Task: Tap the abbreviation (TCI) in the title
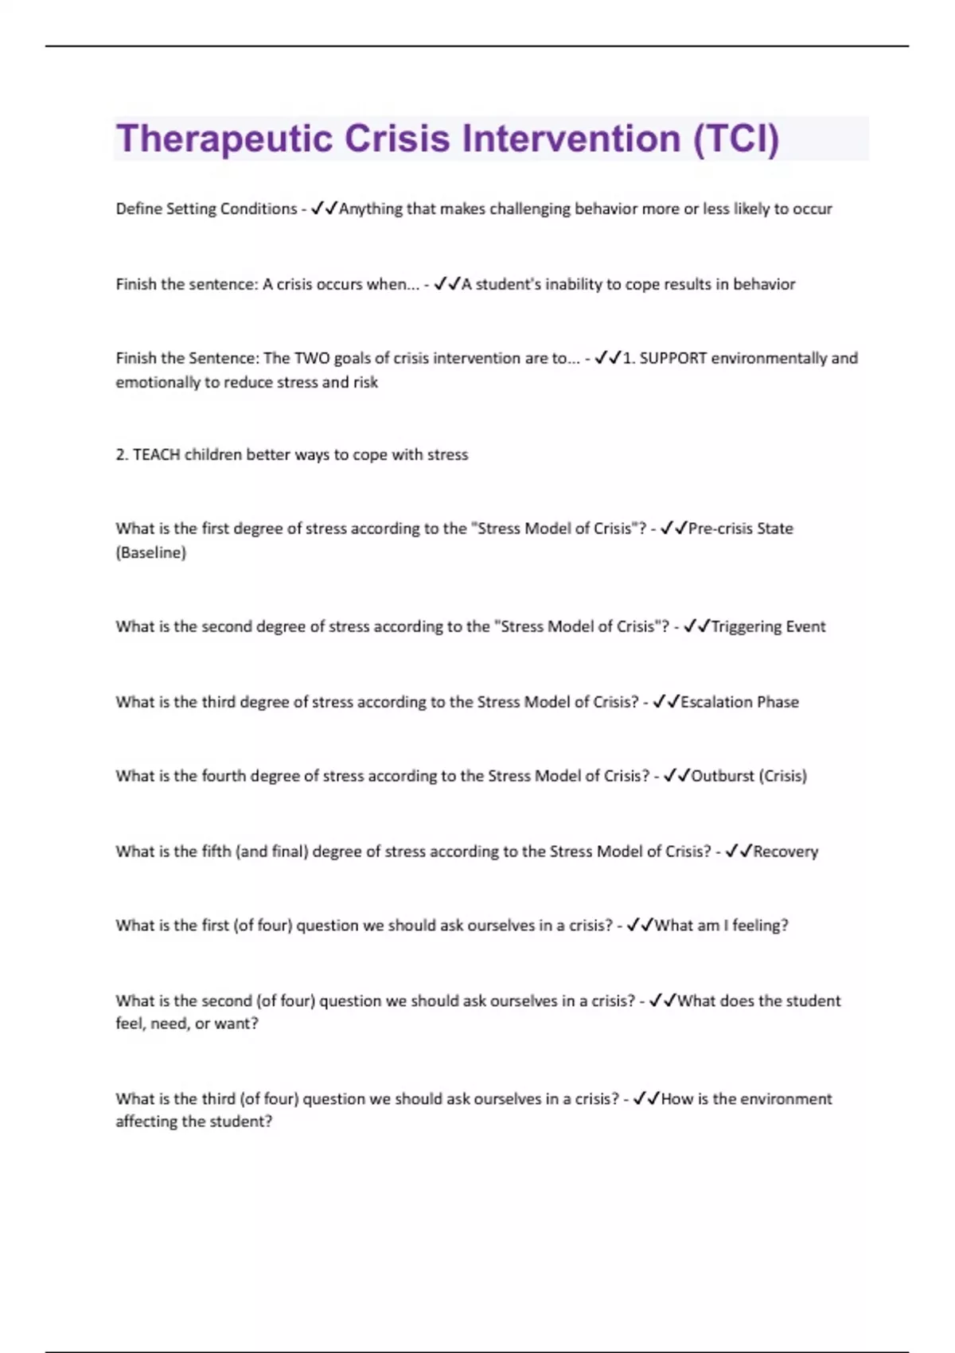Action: pos(735,139)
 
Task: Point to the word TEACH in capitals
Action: pos(156,454)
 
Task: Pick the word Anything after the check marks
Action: pos(371,209)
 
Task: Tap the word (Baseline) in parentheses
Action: pos(150,552)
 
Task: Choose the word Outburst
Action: pos(722,776)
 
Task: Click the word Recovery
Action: pos(785,852)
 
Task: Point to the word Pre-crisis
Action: pos(722,528)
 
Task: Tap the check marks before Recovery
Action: pos(739,852)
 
